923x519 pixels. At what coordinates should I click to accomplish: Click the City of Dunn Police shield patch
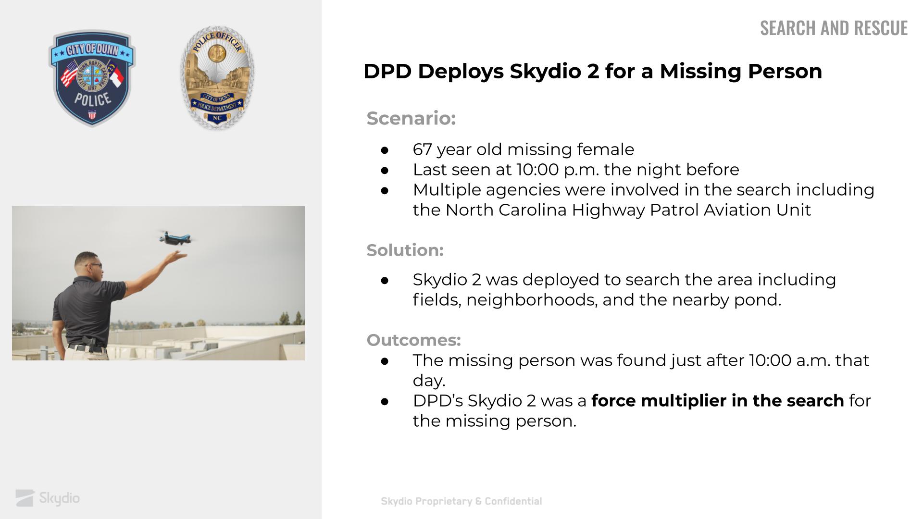(x=92, y=78)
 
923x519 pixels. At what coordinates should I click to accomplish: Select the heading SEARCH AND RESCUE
(x=834, y=28)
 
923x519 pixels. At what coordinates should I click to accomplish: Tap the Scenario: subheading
(x=411, y=118)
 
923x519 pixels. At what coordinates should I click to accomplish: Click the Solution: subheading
(x=405, y=250)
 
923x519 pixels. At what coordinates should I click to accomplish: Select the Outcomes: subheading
(x=413, y=340)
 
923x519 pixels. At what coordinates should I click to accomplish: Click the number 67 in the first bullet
(x=422, y=149)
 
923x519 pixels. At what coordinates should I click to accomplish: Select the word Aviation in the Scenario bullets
(x=737, y=210)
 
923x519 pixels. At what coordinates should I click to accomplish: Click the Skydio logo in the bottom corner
(x=48, y=498)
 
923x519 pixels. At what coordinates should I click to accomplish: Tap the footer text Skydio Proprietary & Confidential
(x=461, y=501)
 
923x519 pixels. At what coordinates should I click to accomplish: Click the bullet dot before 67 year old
(x=385, y=150)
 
